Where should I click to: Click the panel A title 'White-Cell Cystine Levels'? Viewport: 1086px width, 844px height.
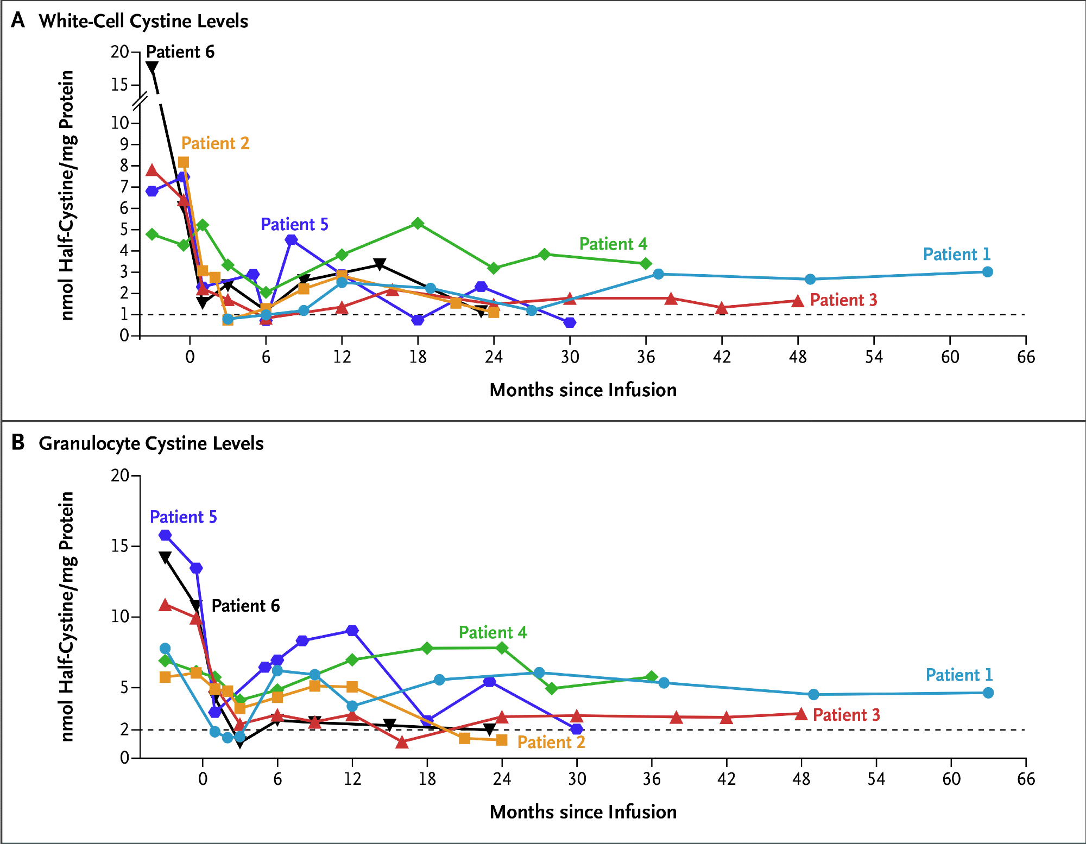[143, 21]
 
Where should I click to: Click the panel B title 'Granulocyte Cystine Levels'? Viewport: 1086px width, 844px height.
[151, 443]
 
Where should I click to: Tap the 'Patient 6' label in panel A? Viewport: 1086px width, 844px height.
[180, 52]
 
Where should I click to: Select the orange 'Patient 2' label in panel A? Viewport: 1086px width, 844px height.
[215, 143]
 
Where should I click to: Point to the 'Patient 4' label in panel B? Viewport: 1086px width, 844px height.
[493, 633]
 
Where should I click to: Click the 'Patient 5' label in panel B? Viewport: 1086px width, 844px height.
[183, 517]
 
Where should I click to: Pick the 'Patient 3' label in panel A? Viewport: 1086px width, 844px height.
[843, 300]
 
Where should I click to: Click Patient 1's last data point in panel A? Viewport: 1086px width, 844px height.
[988, 272]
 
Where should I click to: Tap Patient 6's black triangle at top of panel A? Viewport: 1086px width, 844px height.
[152, 67]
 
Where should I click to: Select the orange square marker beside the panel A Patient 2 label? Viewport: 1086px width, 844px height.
[184, 162]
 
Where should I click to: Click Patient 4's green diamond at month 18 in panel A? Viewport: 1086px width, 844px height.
[418, 224]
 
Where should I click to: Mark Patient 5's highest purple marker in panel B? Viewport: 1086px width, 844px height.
[165, 535]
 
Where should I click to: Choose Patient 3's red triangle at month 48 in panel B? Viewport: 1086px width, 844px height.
[801, 714]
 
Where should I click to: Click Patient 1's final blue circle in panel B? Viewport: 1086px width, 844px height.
[988, 693]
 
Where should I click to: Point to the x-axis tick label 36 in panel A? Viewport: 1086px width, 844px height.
[646, 357]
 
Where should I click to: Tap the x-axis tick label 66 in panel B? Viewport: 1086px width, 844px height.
[1026, 779]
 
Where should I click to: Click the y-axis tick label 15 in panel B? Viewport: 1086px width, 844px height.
[120, 546]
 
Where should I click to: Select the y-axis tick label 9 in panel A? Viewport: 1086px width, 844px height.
[124, 144]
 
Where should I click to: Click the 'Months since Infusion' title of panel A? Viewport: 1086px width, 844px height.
[583, 390]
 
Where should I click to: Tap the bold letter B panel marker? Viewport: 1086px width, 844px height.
[18, 443]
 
